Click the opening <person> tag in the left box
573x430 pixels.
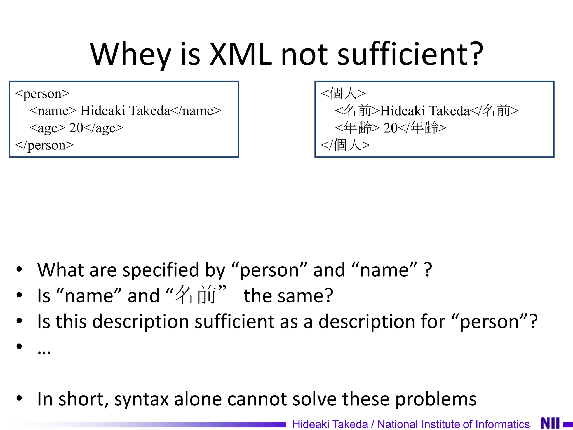[x=42, y=94]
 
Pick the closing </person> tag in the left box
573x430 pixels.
[x=44, y=145]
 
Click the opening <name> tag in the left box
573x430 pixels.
[x=53, y=111]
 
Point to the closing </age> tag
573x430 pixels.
[x=104, y=128]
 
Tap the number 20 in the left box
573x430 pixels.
[x=76, y=128]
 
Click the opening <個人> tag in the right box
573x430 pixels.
[x=343, y=93]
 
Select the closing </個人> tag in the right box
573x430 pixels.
[x=345, y=145]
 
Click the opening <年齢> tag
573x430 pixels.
[x=357, y=128]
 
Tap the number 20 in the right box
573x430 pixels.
[x=390, y=128]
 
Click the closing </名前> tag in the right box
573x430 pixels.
[x=494, y=111]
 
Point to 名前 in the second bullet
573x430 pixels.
[x=195, y=295]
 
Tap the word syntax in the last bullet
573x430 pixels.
[x=141, y=399]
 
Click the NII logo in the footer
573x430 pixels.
[x=550, y=423]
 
